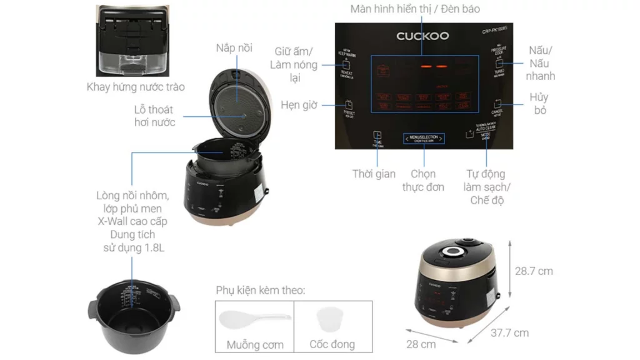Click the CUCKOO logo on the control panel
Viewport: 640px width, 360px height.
coord(422,36)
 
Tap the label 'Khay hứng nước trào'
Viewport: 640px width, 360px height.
coord(136,87)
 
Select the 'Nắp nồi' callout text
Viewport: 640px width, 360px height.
coord(234,48)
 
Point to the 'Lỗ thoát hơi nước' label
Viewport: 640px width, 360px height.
coord(154,116)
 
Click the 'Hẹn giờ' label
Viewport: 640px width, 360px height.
coord(299,104)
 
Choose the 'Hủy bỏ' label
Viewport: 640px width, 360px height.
coord(538,104)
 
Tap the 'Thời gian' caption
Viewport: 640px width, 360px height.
coord(374,174)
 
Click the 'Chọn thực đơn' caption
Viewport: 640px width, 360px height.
coord(423,180)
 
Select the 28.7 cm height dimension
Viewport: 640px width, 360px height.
coord(534,271)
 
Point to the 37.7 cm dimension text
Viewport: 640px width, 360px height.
coord(509,333)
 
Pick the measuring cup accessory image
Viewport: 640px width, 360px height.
coord(332,320)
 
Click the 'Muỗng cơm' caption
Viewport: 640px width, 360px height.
coord(255,344)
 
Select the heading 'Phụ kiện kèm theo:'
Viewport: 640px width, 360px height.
coord(261,290)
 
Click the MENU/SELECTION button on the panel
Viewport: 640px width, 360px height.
coord(423,138)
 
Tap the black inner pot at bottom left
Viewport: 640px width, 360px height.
coord(132,311)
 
